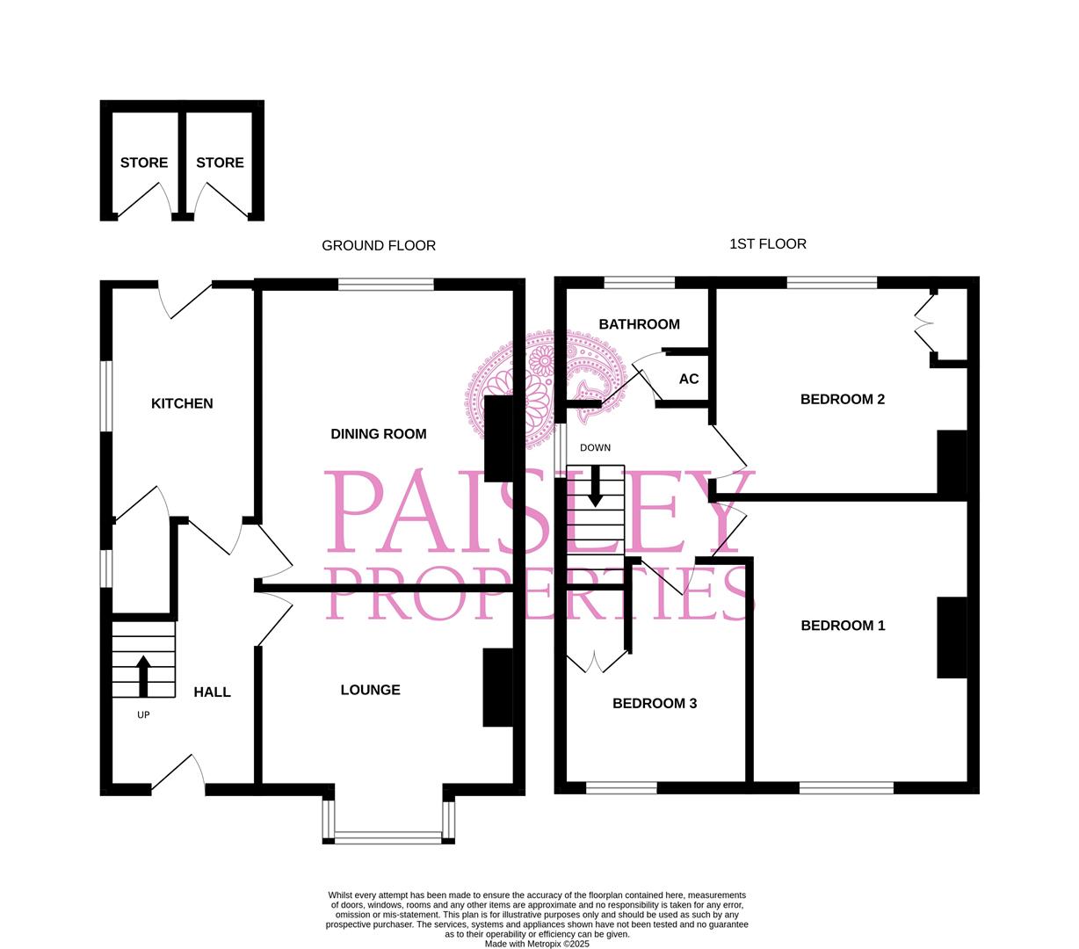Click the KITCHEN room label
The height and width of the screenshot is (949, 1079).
pyautogui.click(x=182, y=403)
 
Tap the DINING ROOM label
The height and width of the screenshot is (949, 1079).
pyautogui.click(x=378, y=433)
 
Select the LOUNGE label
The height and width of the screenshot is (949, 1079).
pyautogui.click(x=370, y=690)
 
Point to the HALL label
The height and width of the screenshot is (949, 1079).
pyautogui.click(x=212, y=692)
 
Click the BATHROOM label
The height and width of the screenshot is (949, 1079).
pyautogui.click(x=639, y=324)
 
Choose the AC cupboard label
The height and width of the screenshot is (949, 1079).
pyautogui.click(x=689, y=379)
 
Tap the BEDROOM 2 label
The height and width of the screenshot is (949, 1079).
pyautogui.click(x=842, y=399)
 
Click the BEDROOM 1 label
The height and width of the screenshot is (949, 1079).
pyautogui.click(x=843, y=626)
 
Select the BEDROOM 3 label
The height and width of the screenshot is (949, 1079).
pyautogui.click(x=655, y=703)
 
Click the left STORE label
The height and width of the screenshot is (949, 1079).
pyautogui.click(x=144, y=163)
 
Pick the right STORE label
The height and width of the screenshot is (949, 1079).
pyautogui.click(x=220, y=163)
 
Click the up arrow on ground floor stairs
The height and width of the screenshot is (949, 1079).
pyautogui.click(x=143, y=675)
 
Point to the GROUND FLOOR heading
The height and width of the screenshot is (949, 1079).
pyautogui.click(x=379, y=245)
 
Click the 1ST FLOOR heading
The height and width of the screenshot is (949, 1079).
pyautogui.click(x=767, y=243)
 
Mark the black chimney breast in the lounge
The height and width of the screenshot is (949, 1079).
pyautogui.click(x=498, y=687)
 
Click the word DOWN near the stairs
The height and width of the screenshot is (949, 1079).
pyautogui.click(x=595, y=447)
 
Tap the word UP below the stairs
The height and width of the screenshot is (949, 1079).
pyautogui.click(x=143, y=714)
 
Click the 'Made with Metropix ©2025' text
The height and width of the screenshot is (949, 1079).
pyautogui.click(x=537, y=944)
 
